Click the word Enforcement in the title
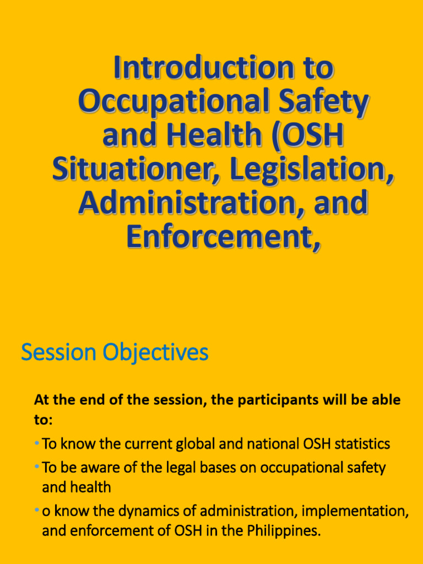coord(223,237)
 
